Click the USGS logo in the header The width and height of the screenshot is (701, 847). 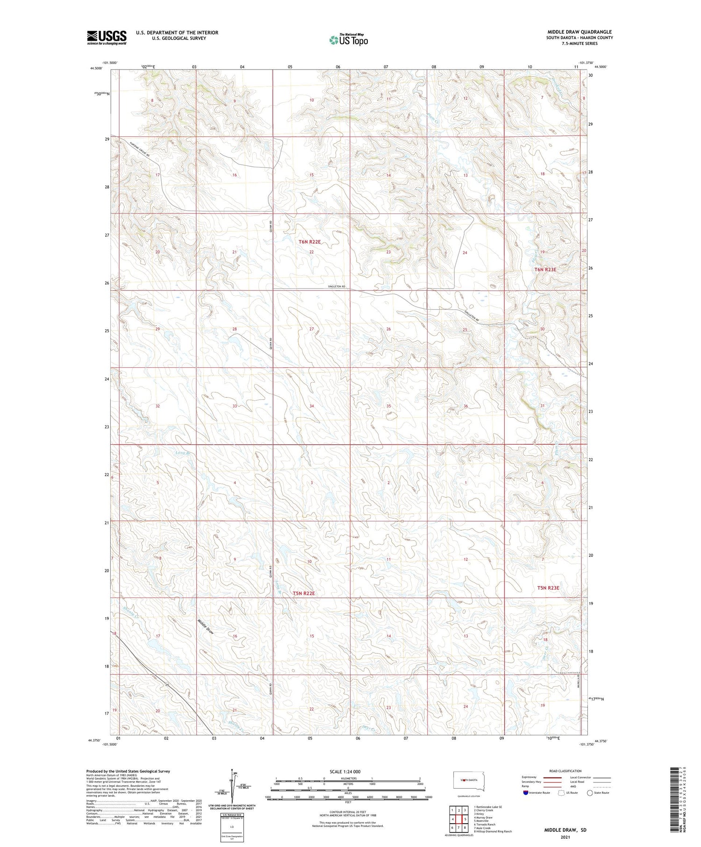(x=107, y=37)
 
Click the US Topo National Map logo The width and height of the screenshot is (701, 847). (x=348, y=40)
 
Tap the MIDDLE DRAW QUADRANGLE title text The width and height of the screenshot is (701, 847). (x=579, y=32)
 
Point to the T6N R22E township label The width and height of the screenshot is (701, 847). (x=309, y=242)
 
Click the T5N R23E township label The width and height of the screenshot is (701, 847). (x=548, y=588)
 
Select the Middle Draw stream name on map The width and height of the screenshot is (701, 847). (x=205, y=626)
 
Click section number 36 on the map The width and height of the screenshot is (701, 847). (x=465, y=406)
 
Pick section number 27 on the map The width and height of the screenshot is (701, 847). (x=311, y=329)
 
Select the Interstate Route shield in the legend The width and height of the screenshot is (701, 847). (x=526, y=793)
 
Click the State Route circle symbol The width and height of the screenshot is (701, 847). (x=590, y=793)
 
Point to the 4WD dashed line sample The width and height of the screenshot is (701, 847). (x=602, y=786)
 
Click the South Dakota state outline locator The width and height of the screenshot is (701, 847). (x=469, y=780)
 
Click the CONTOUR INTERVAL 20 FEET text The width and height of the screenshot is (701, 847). (x=348, y=813)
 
